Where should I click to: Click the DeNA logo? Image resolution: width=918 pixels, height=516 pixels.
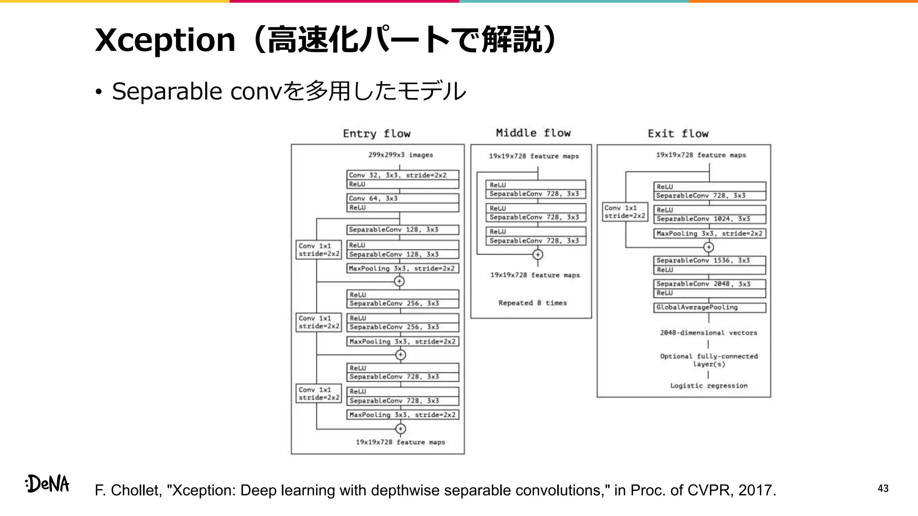(48, 484)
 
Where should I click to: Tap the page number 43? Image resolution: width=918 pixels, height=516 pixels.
(883, 488)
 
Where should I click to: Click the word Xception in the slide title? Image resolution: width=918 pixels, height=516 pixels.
(165, 40)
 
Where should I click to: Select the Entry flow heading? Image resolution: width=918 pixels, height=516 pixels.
(377, 133)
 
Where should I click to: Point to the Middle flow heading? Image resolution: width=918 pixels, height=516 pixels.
(533, 133)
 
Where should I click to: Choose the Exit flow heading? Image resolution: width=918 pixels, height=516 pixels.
(678, 133)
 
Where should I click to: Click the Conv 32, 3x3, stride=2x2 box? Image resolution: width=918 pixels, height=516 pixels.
(402, 175)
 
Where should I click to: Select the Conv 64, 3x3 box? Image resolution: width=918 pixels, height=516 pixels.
(402, 198)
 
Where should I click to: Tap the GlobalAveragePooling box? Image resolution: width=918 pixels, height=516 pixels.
(709, 307)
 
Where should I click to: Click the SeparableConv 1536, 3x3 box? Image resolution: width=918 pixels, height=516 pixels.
(709, 260)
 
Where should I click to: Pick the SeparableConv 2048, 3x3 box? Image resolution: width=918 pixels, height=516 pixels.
(709, 284)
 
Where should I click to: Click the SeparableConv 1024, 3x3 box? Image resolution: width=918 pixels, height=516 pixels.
(709, 219)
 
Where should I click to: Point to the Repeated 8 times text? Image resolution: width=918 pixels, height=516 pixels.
(533, 303)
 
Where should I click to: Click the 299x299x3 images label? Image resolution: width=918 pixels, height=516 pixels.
(400, 155)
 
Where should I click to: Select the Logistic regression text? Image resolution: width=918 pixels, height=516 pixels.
(709, 386)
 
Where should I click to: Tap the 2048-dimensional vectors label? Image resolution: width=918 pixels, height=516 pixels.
(708, 333)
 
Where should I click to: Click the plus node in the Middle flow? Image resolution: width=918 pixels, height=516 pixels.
(537, 254)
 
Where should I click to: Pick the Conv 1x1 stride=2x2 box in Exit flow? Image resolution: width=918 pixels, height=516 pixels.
(624, 212)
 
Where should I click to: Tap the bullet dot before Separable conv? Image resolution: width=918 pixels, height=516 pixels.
(99, 92)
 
